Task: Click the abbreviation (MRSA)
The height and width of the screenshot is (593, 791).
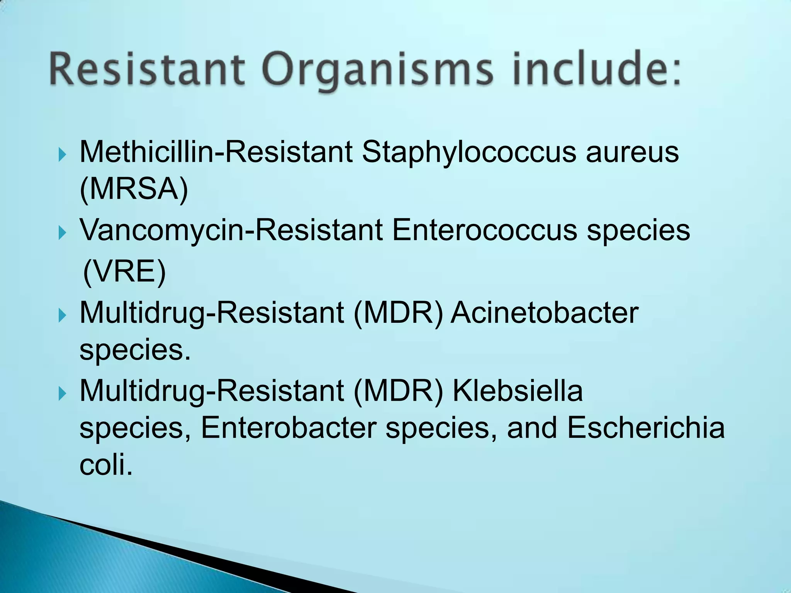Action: pyautogui.click(x=134, y=189)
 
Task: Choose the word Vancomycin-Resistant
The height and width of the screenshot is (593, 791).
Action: pyautogui.click(x=231, y=230)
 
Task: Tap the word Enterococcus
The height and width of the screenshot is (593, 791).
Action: pyautogui.click(x=484, y=230)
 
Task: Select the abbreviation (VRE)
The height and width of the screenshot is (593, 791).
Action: pyautogui.click(x=124, y=271)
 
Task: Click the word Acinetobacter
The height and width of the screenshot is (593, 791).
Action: pyautogui.click(x=545, y=313)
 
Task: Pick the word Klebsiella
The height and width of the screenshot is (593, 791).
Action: pyautogui.click(x=518, y=391)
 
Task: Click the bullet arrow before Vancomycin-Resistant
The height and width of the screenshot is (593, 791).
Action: pyautogui.click(x=62, y=233)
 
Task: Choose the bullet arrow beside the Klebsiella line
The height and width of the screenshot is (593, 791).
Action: pyautogui.click(x=62, y=393)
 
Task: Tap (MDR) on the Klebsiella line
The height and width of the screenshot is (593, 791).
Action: pyautogui.click(x=398, y=391)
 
